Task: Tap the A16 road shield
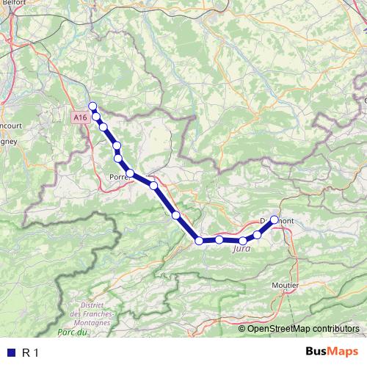pyautogui.click(x=80, y=117)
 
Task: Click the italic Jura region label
pyautogui.click(x=241, y=250)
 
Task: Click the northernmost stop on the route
pyautogui.click(x=92, y=105)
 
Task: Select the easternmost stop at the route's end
pyautogui.click(x=275, y=219)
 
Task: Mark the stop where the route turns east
pyautogui.click(x=198, y=241)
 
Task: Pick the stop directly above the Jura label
pyautogui.click(x=243, y=241)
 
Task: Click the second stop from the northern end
pyautogui.click(x=96, y=116)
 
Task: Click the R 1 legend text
pyautogui.click(x=30, y=353)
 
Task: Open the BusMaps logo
pyautogui.click(x=332, y=352)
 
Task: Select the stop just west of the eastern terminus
pyautogui.click(x=258, y=234)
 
